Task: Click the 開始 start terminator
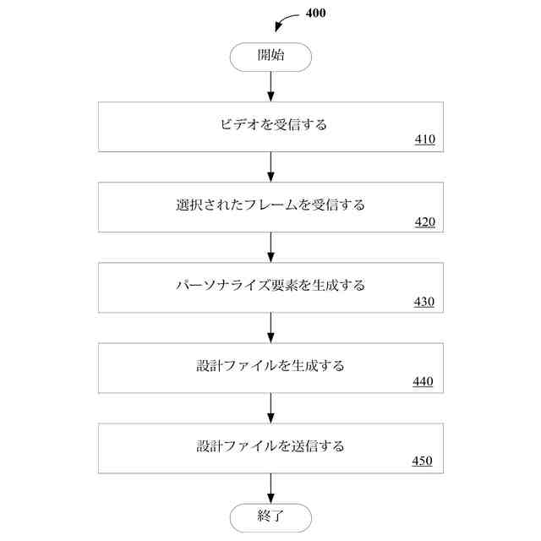coord(270,57)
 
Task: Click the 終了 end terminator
coord(270,516)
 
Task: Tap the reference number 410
coord(424,139)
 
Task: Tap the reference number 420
coord(424,222)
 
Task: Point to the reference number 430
coord(424,302)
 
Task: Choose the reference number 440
coord(423,381)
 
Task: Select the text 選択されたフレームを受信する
coord(270,205)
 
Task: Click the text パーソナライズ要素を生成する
coord(270,285)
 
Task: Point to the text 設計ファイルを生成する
coord(270,366)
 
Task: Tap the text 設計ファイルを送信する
coord(270,445)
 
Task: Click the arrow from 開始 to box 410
coord(270,86)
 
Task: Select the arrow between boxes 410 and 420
coord(270,167)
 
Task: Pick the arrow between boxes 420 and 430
coord(270,247)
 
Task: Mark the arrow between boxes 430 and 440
coord(270,327)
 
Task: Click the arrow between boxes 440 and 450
coord(270,407)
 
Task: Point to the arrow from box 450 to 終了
coord(270,488)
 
